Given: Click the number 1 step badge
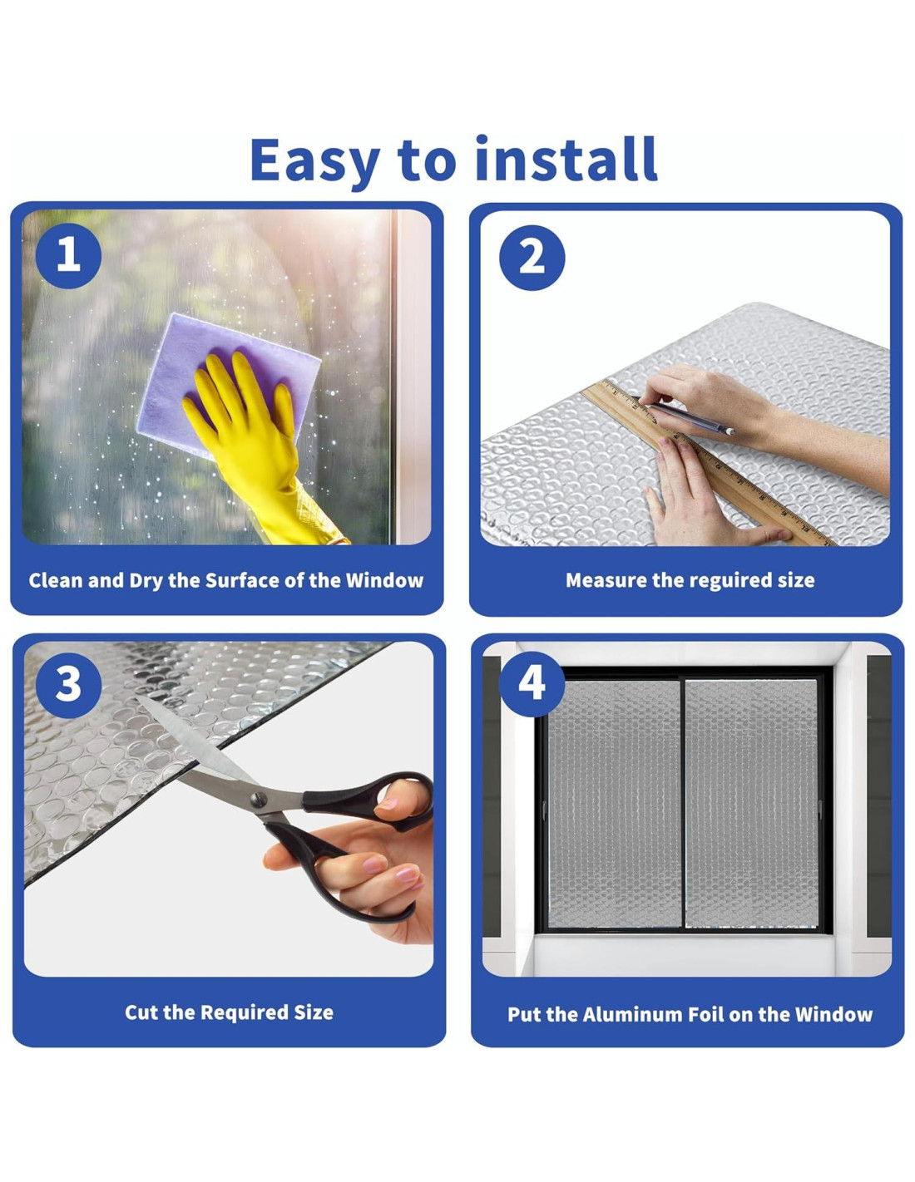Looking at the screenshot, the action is pos(68,256).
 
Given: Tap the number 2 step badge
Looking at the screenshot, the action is pos(532,258).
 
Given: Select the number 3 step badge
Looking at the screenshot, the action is pos(68,684).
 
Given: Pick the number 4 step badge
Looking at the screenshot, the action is pos(532,684).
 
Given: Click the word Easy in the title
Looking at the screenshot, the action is pos(314,161).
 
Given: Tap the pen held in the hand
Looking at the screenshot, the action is pos(689,416).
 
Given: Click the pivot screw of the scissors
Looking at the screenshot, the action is pos(258,798).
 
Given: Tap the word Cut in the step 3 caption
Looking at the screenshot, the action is pos(141,1012).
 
